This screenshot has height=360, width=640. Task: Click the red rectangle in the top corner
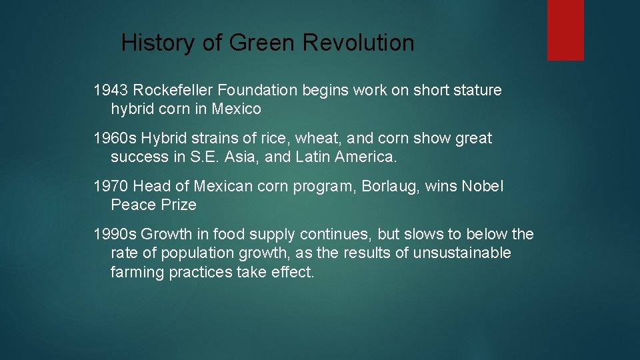565,30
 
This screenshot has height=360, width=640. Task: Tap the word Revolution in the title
358,43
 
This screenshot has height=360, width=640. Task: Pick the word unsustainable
462,253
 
